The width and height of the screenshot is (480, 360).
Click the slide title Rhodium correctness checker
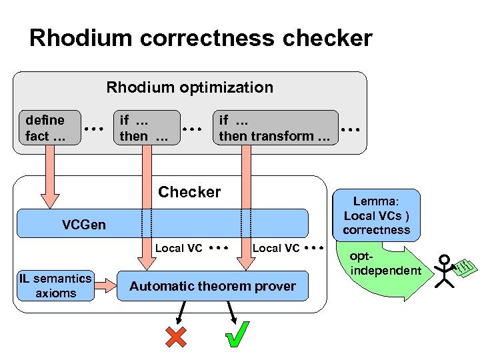point(201,38)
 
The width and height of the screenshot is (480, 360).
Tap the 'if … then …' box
point(146,128)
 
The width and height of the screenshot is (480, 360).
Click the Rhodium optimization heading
point(190,87)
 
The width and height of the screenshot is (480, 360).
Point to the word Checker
point(189,192)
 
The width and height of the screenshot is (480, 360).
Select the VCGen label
point(83,225)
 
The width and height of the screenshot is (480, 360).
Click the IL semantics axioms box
point(55,286)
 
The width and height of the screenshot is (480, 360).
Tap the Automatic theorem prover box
point(213,287)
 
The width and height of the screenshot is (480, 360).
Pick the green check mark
point(237,335)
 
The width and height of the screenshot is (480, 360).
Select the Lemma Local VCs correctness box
point(377,215)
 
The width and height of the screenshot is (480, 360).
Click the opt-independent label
point(385,264)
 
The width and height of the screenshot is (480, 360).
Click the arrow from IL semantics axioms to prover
point(105,285)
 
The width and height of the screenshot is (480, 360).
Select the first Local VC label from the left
point(179,248)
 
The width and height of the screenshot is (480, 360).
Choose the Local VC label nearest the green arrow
point(276,248)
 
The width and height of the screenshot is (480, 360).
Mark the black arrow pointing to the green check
point(230,311)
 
